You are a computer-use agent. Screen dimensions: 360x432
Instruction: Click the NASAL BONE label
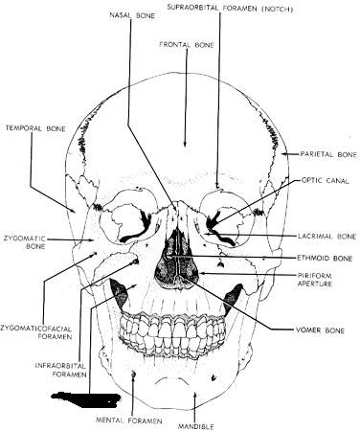click(x=132, y=15)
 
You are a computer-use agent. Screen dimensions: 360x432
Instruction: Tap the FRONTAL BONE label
click(x=187, y=45)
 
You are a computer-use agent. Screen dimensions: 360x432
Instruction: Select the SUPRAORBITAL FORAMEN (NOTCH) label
click(x=230, y=9)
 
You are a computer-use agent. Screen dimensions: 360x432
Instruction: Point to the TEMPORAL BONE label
click(x=35, y=128)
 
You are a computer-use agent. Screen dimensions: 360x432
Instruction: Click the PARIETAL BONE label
click(x=328, y=154)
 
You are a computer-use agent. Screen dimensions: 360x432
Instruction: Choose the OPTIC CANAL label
click(x=326, y=180)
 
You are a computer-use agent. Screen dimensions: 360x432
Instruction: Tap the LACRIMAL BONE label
click(x=327, y=237)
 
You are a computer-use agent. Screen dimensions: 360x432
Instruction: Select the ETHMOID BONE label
click(x=325, y=258)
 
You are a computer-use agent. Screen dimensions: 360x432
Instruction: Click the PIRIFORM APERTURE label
click(x=315, y=280)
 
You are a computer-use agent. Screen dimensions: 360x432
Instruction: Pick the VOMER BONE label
click(x=320, y=330)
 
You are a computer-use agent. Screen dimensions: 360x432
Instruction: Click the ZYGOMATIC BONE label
click(x=25, y=242)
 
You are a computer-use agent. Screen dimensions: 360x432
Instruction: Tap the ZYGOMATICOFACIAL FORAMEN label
click(x=36, y=332)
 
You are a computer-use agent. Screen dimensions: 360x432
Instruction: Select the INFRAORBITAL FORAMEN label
click(x=60, y=370)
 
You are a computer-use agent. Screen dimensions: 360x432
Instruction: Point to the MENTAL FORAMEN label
click(x=129, y=421)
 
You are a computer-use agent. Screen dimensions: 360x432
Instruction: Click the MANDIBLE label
click(x=195, y=426)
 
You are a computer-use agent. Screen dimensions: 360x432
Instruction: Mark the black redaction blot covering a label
click(x=86, y=399)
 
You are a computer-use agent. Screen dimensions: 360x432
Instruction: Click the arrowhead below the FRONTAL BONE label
click(x=185, y=143)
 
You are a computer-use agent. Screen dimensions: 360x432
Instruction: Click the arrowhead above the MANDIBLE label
click(x=194, y=397)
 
